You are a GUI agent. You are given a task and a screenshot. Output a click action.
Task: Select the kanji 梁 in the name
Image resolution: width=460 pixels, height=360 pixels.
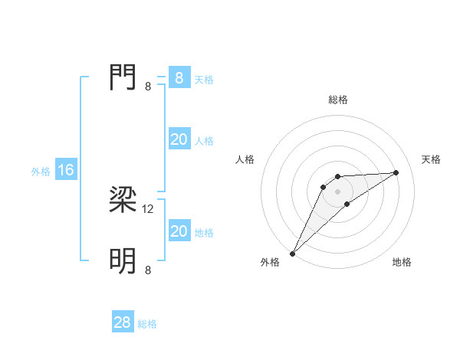pyautogui.click(x=123, y=200)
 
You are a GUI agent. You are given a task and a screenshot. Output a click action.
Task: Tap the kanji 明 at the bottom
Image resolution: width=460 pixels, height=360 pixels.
pyautogui.click(x=123, y=261)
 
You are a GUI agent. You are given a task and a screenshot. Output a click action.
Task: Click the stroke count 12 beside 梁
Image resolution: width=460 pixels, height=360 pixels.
pyautogui.click(x=149, y=208)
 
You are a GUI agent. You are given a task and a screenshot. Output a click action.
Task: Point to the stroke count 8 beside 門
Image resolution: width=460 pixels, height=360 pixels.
pyautogui.click(x=148, y=86)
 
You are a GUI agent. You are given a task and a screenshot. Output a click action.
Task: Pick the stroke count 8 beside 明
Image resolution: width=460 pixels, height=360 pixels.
pyautogui.click(x=148, y=270)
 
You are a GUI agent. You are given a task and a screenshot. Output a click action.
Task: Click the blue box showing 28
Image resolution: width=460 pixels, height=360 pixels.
pyautogui.click(x=123, y=322)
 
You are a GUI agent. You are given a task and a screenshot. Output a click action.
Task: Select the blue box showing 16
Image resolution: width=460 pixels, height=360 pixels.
pyautogui.click(x=65, y=170)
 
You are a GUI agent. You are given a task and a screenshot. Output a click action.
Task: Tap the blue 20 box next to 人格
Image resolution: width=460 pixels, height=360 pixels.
pyautogui.click(x=179, y=139)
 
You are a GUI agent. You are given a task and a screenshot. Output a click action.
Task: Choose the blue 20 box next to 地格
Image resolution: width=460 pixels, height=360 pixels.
pyautogui.click(x=179, y=231)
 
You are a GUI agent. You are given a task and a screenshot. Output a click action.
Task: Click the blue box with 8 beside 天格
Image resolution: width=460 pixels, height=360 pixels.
pyautogui.click(x=179, y=78)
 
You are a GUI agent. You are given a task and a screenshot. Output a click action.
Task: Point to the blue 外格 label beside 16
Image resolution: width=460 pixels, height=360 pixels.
pyautogui.click(x=41, y=172)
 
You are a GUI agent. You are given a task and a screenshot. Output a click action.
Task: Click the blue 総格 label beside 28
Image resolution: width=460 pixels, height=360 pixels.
pyautogui.click(x=147, y=324)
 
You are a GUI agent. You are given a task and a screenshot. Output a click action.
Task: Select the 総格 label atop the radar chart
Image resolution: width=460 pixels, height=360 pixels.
pyautogui.click(x=337, y=100)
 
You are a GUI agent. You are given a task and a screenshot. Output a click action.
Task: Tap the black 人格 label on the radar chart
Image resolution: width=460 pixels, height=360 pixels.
pyautogui.click(x=245, y=159)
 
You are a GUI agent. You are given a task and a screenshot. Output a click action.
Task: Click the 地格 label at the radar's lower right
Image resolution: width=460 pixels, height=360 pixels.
pyautogui.click(x=402, y=262)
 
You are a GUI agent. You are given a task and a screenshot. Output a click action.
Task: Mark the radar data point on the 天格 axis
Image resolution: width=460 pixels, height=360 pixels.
pyautogui.click(x=396, y=172)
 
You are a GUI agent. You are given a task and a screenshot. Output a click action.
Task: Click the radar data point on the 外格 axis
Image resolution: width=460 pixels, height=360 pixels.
pyautogui.click(x=293, y=254)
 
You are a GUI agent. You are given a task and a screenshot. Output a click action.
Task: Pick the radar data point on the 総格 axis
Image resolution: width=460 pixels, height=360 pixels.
pyautogui.click(x=337, y=177)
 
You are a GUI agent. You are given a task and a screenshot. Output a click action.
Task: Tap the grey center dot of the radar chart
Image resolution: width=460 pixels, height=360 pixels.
pyautogui.click(x=337, y=191)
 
